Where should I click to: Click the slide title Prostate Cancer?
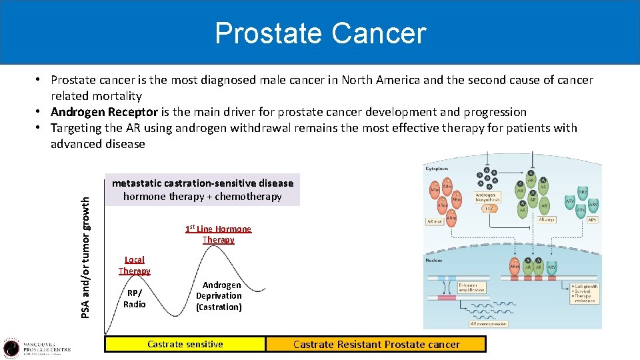[320, 33]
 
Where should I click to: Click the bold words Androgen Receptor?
[104, 112]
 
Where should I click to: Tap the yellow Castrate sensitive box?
[185, 344]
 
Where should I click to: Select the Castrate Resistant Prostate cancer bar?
[376, 344]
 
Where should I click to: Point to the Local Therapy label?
[134, 265]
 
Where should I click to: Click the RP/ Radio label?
[134, 298]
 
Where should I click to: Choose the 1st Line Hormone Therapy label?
[218, 234]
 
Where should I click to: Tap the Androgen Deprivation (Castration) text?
[219, 296]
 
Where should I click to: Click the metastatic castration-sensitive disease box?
[203, 190]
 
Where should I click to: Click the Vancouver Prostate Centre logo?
[37, 347]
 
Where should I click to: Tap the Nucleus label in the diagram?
[435, 260]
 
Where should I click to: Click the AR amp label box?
[547, 219]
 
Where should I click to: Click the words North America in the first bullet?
[374, 80]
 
